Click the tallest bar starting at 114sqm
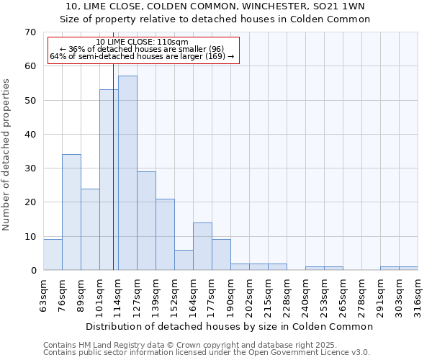[x=127, y=173]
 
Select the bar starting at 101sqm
[x=109, y=180]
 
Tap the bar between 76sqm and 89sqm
[x=71, y=212]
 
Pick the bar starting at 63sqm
[x=53, y=255]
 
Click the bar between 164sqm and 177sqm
[x=202, y=246]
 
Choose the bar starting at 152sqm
[x=184, y=260]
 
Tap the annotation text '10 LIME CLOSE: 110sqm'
[x=142, y=42]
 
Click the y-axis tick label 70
[x=30, y=32]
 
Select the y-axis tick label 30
[x=30, y=168]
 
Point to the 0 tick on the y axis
[x=32, y=271]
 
